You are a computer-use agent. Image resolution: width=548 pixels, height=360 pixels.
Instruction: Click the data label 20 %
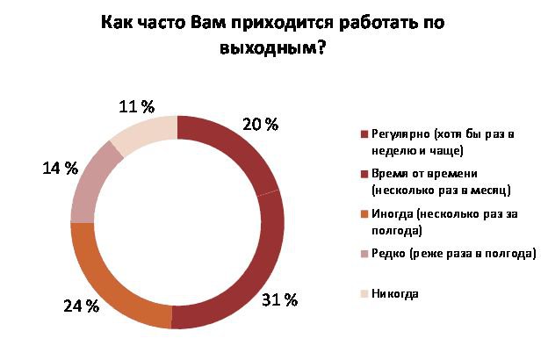(260, 125)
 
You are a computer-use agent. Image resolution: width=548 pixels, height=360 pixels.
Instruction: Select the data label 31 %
(280, 300)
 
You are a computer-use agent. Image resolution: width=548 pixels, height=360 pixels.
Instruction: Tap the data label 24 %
(81, 306)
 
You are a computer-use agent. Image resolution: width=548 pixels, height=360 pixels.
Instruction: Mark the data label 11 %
(136, 107)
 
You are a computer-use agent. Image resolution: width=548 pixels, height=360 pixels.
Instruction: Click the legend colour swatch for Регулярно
(364, 134)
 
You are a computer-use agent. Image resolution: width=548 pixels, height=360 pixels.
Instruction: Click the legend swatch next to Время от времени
(364, 176)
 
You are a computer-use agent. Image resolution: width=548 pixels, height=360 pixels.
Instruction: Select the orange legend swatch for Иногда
(364, 216)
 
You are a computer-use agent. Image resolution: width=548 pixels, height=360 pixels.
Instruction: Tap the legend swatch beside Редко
(364, 255)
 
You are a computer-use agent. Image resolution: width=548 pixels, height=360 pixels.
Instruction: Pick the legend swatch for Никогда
(364, 293)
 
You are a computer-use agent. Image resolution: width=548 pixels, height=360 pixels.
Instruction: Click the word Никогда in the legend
(395, 293)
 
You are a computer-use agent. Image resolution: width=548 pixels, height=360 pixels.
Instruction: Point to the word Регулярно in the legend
(400, 133)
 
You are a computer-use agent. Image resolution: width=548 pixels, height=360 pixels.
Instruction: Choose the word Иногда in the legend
(393, 215)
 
